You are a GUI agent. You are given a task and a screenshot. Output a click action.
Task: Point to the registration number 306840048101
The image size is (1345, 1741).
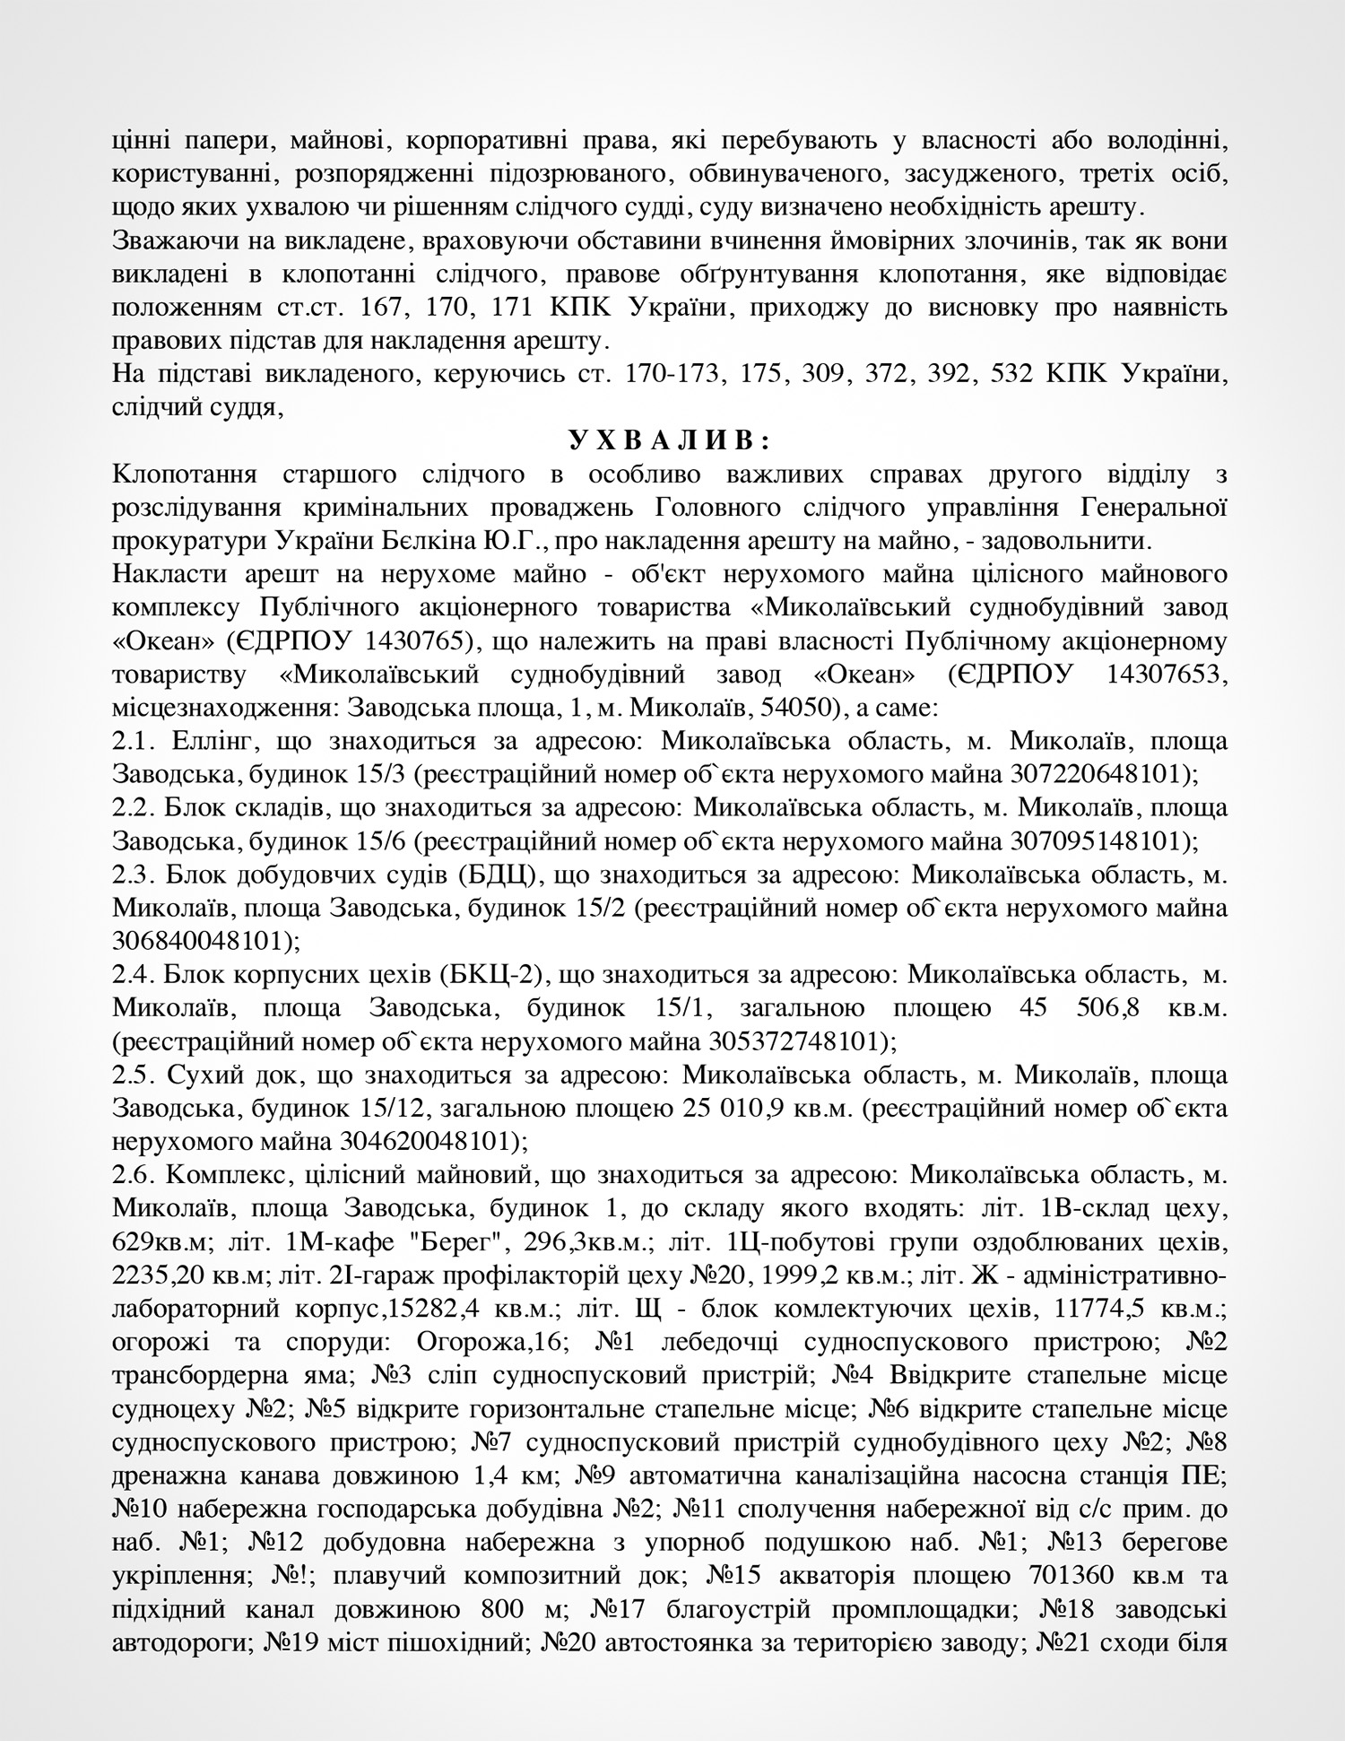tap(201, 941)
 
